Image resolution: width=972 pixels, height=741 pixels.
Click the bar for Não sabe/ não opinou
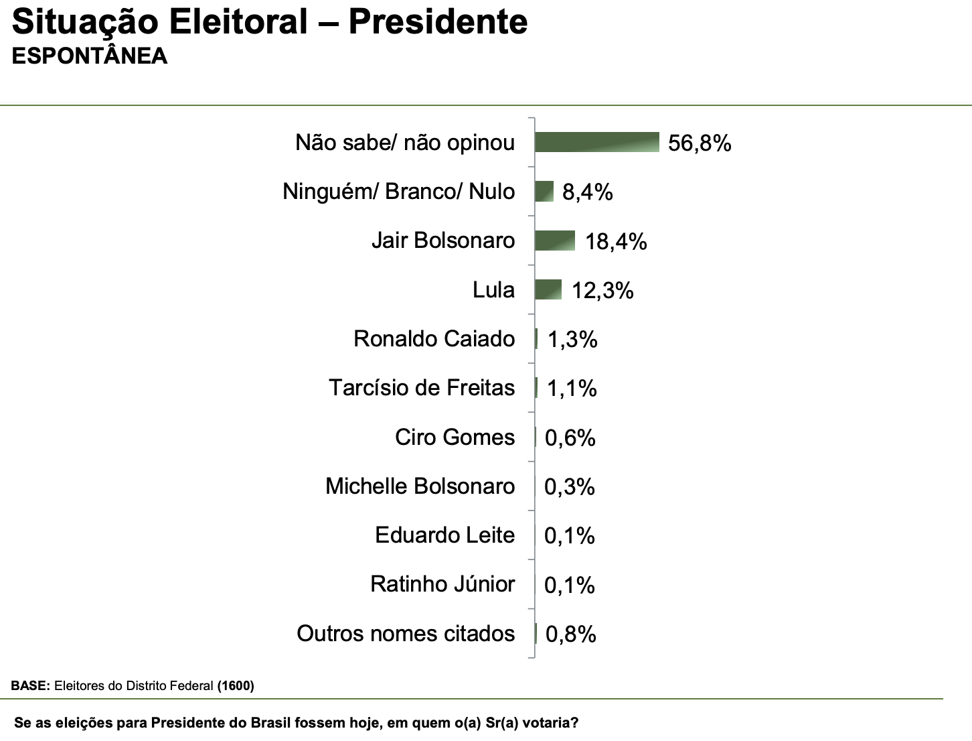tap(597, 142)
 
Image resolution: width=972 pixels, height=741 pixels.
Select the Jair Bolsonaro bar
tap(555, 241)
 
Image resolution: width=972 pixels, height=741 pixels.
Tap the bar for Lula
tap(548, 289)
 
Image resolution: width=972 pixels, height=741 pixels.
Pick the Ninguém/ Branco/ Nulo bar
tap(544, 192)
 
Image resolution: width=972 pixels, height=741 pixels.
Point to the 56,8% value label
tap(700, 143)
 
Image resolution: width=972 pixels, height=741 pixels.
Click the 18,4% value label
tap(616, 242)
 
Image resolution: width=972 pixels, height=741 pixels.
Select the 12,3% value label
tap(602, 291)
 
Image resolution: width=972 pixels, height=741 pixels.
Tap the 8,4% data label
tap(587, 193)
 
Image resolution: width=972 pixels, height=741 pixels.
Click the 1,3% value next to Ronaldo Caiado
tap(572, 340)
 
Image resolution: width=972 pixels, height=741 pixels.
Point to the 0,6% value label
tap(570, 438)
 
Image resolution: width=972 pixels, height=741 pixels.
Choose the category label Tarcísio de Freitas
tap(422, 388)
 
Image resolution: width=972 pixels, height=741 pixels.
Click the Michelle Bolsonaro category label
tap(420, 486)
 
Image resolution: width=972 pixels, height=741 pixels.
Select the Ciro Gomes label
tap(455, 437)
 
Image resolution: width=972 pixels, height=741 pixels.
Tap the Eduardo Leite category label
tap(444, 535)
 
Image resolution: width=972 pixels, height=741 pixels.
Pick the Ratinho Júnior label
tap(442, 584)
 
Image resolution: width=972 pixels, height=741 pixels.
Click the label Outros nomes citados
tap(406, 634)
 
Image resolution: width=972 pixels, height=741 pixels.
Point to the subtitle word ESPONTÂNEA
tap(90, 56)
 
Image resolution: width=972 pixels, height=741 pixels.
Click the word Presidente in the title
tap(438, 21)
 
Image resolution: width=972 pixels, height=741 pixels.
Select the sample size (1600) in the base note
tap(236, 686)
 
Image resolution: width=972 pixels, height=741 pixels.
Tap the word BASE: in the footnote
tap(31, 686)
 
